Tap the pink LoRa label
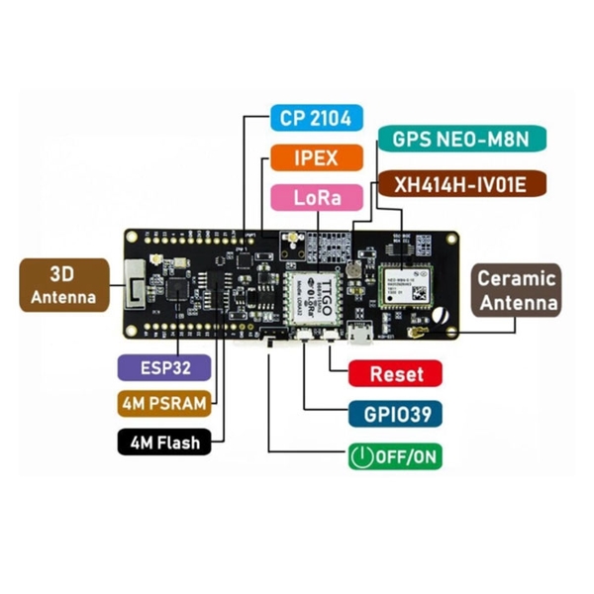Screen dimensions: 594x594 coord(317,196)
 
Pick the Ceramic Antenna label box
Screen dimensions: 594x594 coord(517,289)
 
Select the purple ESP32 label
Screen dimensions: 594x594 coord(163,366)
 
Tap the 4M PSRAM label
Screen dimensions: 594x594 coord(163,404)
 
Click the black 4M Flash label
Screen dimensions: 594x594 coord(163,442)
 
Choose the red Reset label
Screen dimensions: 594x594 coord(396,374)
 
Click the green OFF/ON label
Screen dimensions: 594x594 coord(393,456)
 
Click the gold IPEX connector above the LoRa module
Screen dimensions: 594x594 coord(294,239)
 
